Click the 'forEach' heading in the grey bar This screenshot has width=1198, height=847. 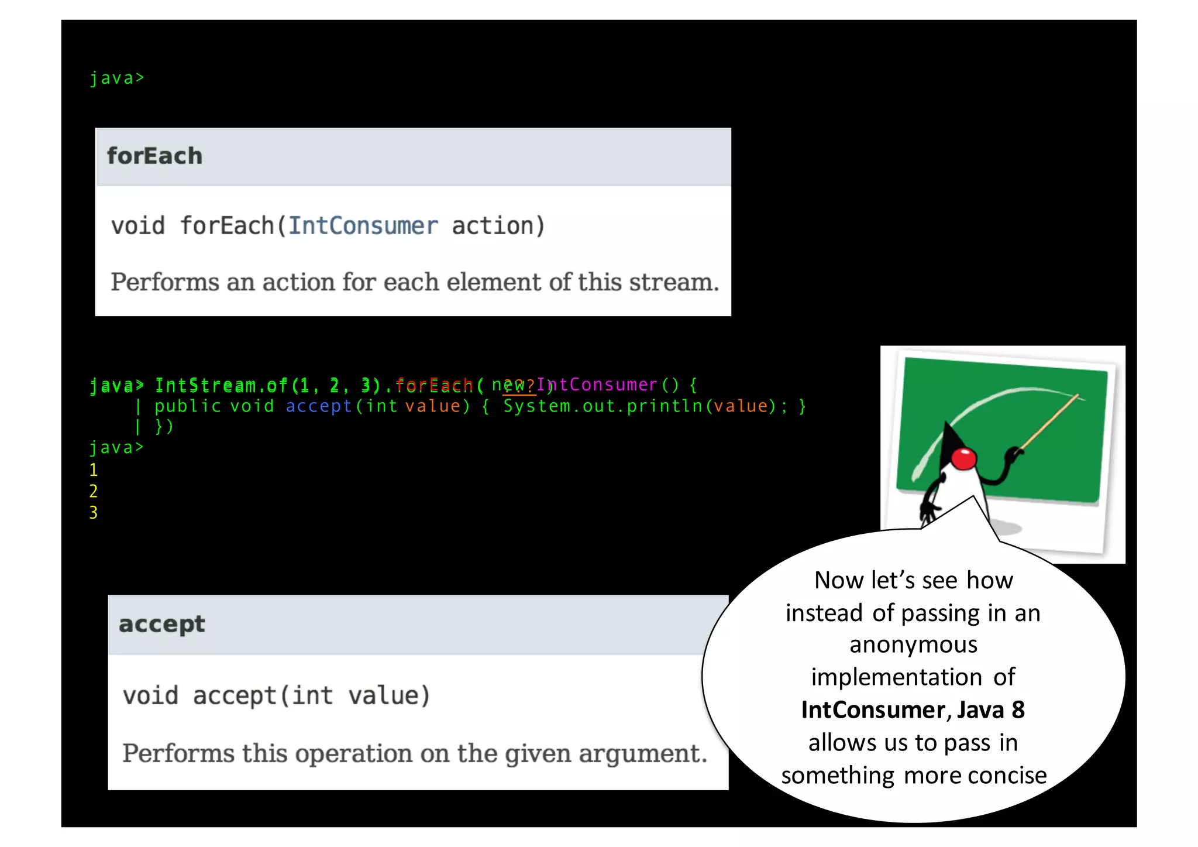coord(154,156)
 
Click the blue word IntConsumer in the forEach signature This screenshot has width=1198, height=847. coord(363,226)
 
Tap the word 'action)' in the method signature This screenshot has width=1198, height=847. coord(498,226)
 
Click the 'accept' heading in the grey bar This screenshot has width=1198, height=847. coord(161,624)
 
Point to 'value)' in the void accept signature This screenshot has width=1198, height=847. coord(389,696)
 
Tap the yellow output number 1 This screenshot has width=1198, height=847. coord(94,470)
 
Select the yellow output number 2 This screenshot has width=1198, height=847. coord(94,492)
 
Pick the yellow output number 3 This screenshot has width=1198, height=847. coord(94,513)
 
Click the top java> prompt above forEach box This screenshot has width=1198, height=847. coord(116,78)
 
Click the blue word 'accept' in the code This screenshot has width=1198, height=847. coord(318,406)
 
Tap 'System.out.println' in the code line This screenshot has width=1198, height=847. coord(603,406)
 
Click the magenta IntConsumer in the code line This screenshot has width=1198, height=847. coord(597,385)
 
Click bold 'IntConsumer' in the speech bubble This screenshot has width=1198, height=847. coord(872,710)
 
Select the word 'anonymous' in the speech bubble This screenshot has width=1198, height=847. coord(913,644)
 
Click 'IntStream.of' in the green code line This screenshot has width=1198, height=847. coord(221,385)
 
